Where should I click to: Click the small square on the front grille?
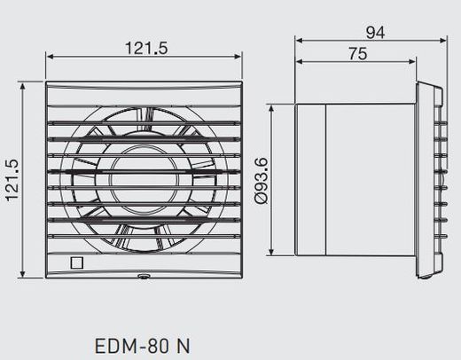(x=75, y=263)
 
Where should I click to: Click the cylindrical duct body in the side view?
(x=355, y=182)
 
